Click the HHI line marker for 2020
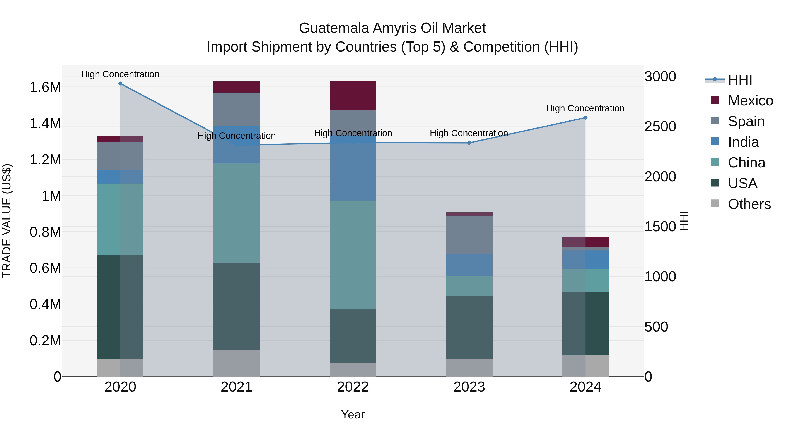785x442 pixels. (120, 84)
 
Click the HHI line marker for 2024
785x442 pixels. (585, 118)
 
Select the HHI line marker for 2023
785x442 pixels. (469, 143)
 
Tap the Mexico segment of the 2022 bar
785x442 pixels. (353, 95)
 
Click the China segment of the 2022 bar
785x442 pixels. (353, 255)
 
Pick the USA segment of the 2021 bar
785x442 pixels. (236, 306)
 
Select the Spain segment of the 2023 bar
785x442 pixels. (469, 235)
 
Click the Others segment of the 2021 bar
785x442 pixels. (236, 363)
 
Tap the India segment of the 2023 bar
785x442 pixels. (469, 265)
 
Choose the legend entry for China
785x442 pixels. (746, 163)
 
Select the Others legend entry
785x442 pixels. (749, 204)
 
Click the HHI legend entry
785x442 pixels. (740, 80)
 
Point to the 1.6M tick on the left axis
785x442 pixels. (45, 87)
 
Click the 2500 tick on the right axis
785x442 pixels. (660, 127)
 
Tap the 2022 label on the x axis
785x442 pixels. (353, 387)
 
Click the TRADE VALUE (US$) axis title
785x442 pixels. (7, 221)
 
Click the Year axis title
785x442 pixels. (353, 414)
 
